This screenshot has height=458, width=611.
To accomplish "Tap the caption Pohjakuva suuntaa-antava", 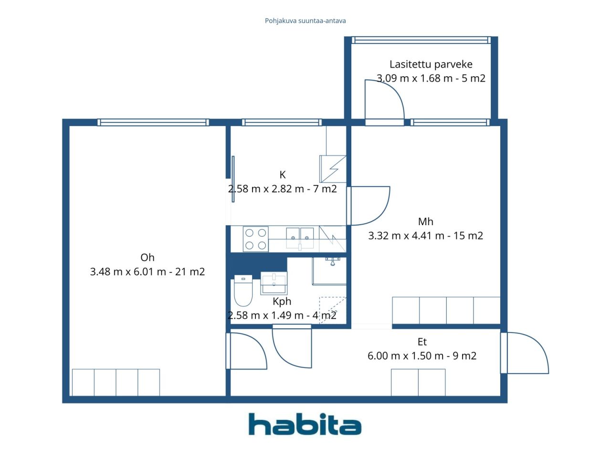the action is pos(305,21).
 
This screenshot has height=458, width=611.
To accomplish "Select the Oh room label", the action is pos(147,258).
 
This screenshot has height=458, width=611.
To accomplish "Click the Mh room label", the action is pos(426,222).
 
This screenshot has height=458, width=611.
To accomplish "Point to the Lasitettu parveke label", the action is pos(431,64).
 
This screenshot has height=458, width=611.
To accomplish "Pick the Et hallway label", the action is pos(422,342).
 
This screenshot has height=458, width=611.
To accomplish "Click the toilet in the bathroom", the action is pos(243,291).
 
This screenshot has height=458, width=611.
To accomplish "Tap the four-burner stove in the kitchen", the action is pos(255,239).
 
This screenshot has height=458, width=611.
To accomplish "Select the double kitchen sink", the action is pos(300,239).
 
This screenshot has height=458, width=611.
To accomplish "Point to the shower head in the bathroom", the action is pos(333,261).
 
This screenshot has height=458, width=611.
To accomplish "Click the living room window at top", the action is pos(153,122).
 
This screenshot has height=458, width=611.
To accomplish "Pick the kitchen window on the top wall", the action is pos(282,122).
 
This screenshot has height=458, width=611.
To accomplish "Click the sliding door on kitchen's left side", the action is pos(233,179).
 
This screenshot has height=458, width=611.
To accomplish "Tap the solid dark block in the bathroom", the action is pos(257,265).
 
